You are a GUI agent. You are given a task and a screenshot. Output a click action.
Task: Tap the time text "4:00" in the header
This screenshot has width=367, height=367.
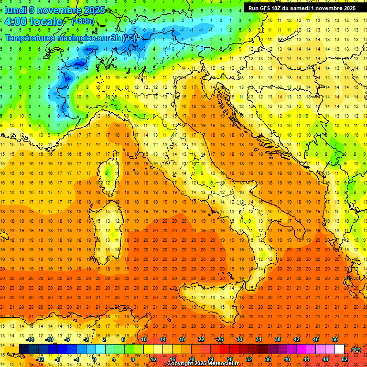point(16,22)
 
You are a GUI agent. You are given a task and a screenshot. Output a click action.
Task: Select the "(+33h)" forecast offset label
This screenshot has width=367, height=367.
point(83,22)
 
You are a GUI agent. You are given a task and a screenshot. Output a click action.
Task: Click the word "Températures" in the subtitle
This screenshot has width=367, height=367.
point(32,38)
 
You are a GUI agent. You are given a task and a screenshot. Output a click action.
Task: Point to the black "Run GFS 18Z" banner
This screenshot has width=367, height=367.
point(302,8)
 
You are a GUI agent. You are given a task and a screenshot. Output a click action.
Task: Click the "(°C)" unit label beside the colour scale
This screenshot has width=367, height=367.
point(356,350)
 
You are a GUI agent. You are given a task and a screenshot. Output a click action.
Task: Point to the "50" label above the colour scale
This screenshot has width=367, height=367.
point(335,340)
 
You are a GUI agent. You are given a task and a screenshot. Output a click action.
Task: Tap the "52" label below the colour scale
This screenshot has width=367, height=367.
point(345,359)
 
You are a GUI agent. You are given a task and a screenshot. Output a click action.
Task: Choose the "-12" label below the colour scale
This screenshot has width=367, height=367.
point(40,359)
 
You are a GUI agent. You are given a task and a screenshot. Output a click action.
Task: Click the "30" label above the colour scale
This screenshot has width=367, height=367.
point(239,340)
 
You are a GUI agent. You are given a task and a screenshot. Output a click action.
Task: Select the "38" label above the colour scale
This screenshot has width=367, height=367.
point(278,340)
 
